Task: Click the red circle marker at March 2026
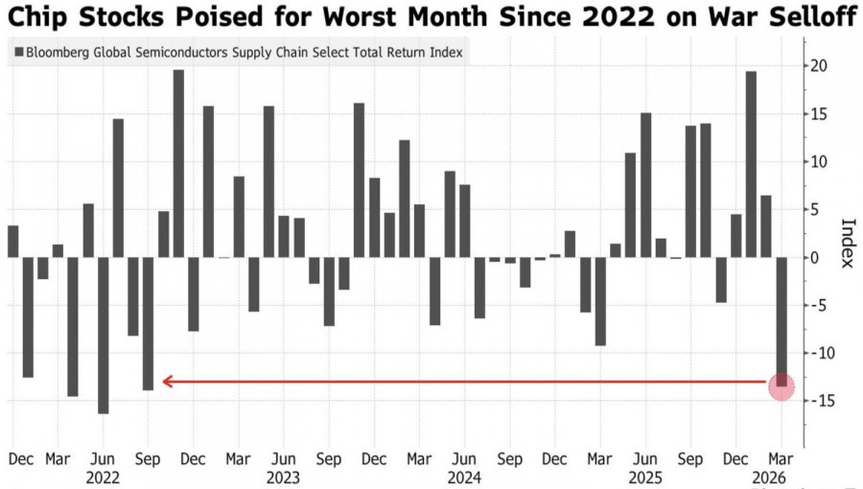coord(781,386)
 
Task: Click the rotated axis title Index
coord(847,244)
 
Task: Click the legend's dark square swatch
coord(19,53)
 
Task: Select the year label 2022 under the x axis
coord(103,477)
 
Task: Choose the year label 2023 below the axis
coord(283,477)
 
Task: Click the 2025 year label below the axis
coord(644,477)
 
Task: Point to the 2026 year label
coord(770,477)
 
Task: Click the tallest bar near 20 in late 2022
coord(178,163)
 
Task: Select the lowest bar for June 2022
coord(103,336)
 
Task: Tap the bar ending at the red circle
coord(781,321)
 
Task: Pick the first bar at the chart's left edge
coord(12,242)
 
